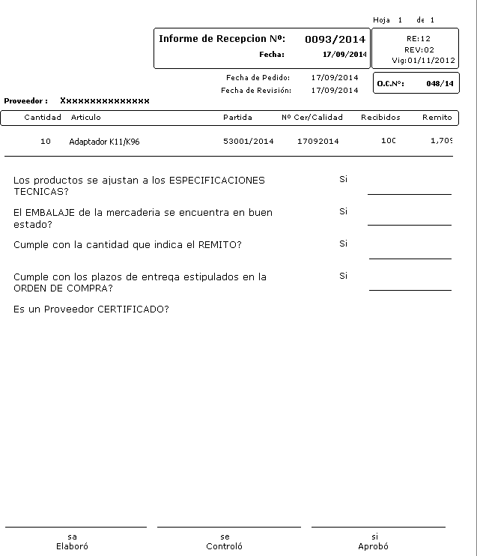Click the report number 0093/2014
point(335,39)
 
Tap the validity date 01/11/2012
point(431,60)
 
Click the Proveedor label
point(25,100)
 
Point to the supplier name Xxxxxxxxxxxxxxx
point(105,100)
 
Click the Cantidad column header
point(43,118)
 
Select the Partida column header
point(237,118)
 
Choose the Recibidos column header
point(380,118)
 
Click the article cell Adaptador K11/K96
point(104,142)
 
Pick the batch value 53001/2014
point(249,142)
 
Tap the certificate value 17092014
point(318,142)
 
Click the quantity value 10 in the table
point(46,142)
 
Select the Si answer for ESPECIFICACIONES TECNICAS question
point(343,180)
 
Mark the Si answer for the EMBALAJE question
point(343,212)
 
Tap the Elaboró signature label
point(72,546)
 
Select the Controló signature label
point(225,546)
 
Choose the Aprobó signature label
point(374,546)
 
